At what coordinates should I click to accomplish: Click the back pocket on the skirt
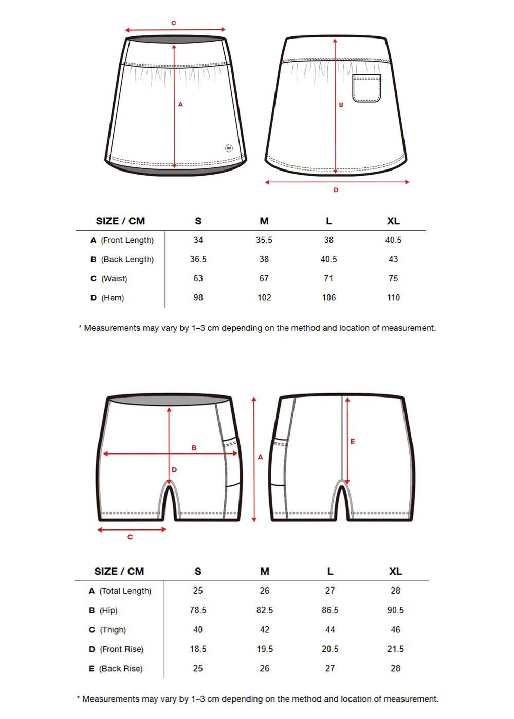pos(366,88)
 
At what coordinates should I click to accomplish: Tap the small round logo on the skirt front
pos(229,148)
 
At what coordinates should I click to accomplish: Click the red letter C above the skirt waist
pos(174,23)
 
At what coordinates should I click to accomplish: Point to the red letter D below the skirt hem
pos(336,190)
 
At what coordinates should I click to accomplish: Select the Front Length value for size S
pos(198,240)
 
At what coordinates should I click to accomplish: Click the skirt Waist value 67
pos(264,278)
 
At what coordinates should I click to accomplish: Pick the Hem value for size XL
pos(393,298)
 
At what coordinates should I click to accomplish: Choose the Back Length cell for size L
pos(328,259)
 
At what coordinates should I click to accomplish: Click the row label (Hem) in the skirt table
pos(113,298)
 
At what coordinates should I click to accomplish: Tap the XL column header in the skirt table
pos(393,221)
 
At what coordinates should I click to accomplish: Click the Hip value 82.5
pos(265,610)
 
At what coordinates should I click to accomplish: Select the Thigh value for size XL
pos(395,630)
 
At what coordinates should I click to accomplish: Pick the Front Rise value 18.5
pos(198,649)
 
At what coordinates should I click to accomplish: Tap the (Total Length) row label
pos(125,591)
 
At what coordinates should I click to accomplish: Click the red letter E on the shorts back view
pos(353,441)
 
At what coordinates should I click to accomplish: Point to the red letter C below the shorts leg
pos(130,537)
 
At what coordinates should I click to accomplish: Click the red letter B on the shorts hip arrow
pos(194,448)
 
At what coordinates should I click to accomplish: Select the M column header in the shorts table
pos(265,572)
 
